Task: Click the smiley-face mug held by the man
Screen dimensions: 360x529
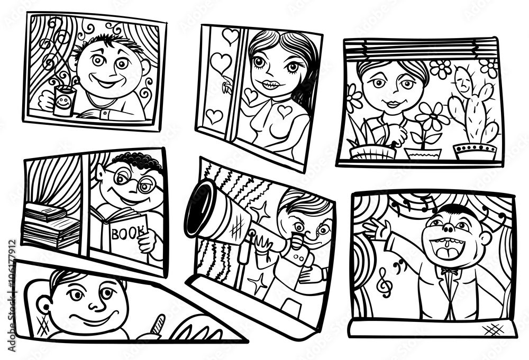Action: coord(64,102)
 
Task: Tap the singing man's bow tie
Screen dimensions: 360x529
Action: coord(450,271)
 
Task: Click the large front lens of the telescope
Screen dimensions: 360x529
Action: coord(199,208)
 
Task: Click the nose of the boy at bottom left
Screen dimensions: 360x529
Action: coord(93,304)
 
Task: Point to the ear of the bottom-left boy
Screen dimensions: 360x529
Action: coord(45,305)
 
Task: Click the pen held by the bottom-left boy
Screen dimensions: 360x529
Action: coord(158,323)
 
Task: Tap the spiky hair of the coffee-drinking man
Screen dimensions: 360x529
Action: coord(111,41)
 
